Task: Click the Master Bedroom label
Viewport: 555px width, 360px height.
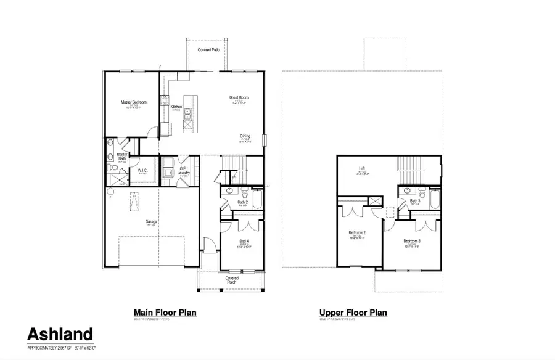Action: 131,102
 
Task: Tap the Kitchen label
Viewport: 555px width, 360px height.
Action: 176,107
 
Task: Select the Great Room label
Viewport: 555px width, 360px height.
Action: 239,97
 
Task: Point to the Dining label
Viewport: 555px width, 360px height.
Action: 245,136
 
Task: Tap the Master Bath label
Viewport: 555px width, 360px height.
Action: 121,157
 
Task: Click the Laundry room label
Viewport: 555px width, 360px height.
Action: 183,172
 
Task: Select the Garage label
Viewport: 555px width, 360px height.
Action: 151,222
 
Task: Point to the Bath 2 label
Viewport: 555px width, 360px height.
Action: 242,202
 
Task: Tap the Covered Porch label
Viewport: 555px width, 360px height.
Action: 231,280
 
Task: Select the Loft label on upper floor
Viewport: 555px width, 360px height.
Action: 363,169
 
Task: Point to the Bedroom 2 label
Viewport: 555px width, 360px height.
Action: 356,232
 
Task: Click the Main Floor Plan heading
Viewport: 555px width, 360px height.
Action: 165,313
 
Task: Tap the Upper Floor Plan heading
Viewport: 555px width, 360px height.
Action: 353,313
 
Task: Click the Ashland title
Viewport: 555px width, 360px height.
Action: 60,335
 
